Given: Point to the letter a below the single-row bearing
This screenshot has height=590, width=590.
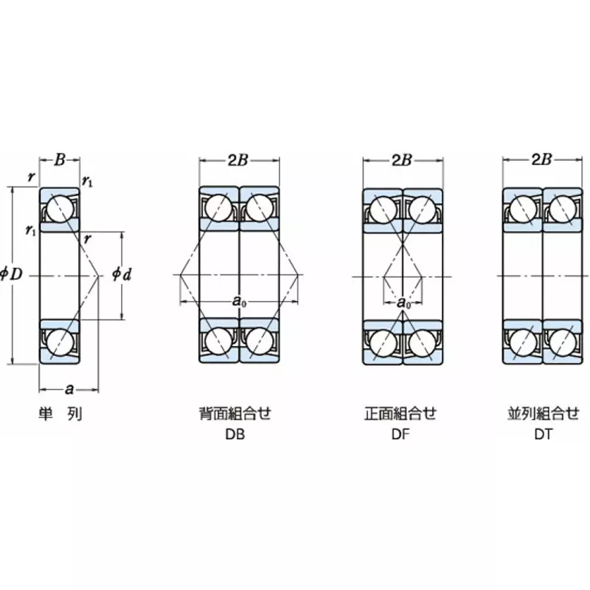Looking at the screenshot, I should [x=69, y=389].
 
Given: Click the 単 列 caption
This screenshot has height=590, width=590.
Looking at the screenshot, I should [x=60, y=414].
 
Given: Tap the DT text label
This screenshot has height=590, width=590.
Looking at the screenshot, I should [x=544, y=434].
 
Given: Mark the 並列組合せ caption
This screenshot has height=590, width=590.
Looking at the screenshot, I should [x=544, y=414].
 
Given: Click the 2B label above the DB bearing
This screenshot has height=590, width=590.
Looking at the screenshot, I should [x=237, y=160].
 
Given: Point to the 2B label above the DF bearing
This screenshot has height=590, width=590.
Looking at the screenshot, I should [x=402, y=160].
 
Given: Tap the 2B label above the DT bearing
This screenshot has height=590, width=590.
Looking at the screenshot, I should [x=543, y=160].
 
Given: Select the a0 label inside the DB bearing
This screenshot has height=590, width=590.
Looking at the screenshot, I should [x=238, y=300].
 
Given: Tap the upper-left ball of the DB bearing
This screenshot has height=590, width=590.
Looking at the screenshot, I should [x=219, y=208].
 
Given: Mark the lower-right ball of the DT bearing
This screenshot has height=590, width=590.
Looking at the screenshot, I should [x=563, y=342].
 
